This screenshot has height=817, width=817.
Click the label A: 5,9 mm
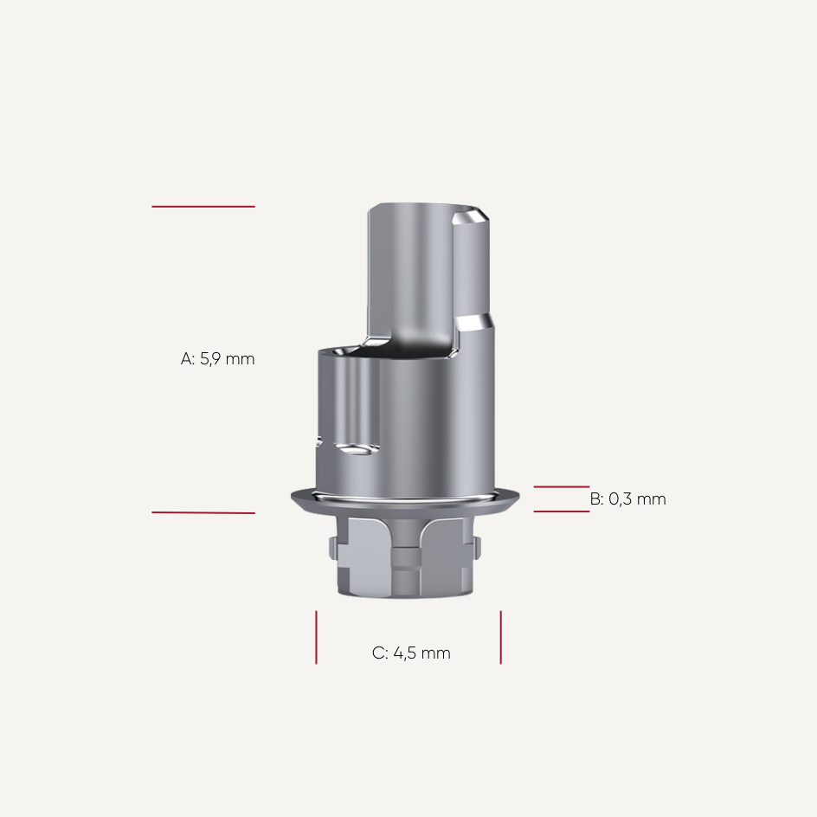[218, 359]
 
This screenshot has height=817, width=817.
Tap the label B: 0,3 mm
[628, 499]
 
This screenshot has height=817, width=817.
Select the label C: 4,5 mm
[411, 653]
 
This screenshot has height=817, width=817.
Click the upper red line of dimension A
[203, 207]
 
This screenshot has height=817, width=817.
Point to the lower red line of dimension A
[203, 512]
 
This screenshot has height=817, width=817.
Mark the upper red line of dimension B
[561, 487]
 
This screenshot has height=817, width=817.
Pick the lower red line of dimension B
[561, 511]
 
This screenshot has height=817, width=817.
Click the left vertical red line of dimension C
[316, 637]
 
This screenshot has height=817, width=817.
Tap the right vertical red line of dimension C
[500, 637]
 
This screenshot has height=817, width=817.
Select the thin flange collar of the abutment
[405, 499]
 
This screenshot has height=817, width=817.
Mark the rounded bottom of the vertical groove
[356, 449]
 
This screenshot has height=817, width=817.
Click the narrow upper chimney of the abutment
[411, 268]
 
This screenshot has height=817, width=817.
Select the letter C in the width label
[378, 653]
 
